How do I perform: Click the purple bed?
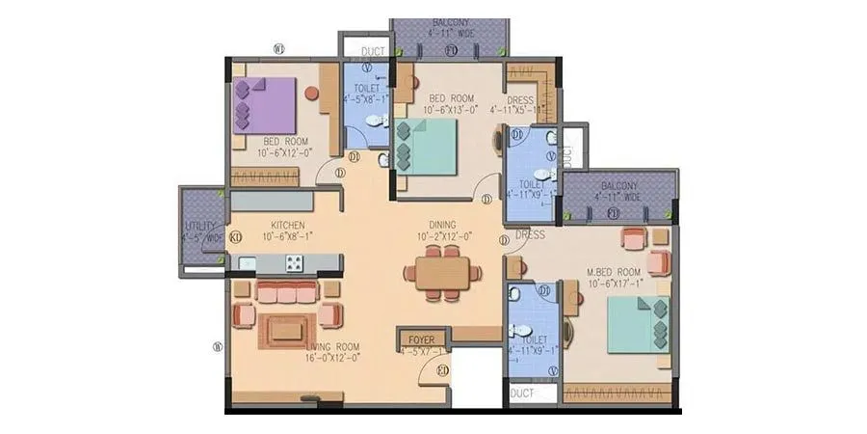coord(264,105)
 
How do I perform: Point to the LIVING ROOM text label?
coord(332,346)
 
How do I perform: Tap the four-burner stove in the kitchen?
coord(294,262)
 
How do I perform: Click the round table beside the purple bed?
coord(311,94)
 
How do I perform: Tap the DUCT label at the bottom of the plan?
coord(522,393)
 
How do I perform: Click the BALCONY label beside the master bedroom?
coord(619,185)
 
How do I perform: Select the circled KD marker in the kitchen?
coord(235,236)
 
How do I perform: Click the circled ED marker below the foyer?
coord(442,370)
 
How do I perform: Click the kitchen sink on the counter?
coord(248,262)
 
